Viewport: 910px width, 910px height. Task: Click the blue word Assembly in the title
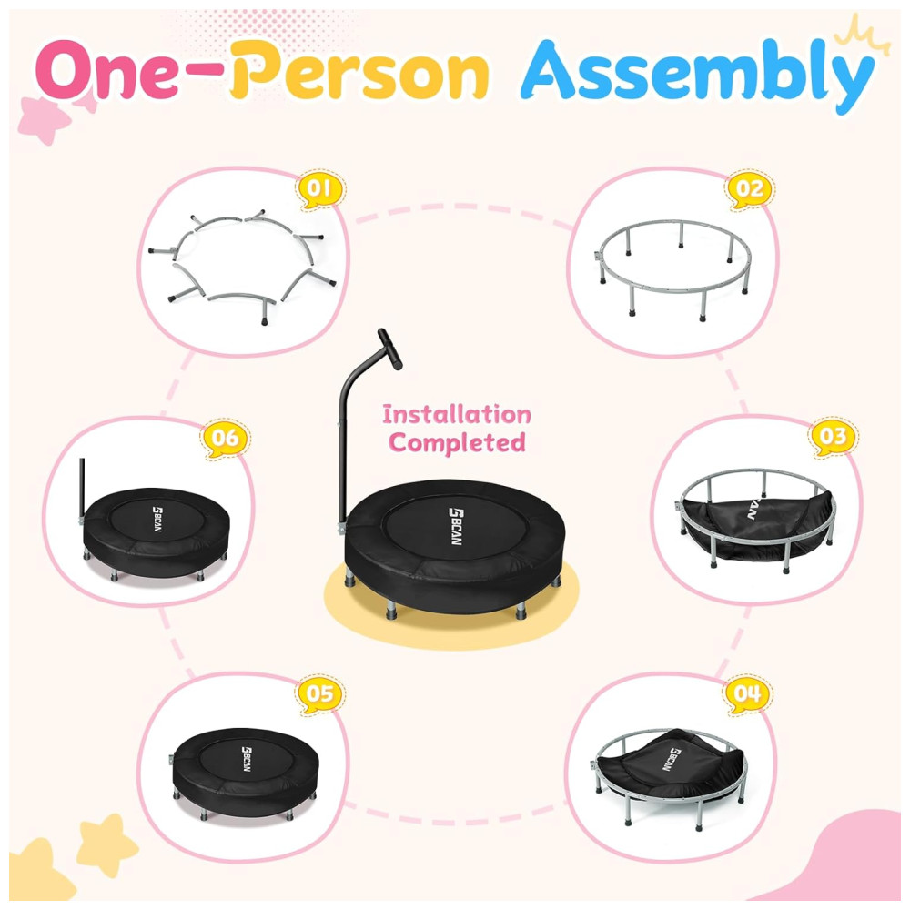point(697,75)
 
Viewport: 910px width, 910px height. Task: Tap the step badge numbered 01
point(319,189)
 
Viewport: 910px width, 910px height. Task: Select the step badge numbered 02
point(749,189)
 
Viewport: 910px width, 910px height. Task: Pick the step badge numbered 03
point(833,437)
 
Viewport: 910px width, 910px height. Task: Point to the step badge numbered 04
point(747,693)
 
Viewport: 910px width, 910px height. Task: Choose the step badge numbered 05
point(319,693)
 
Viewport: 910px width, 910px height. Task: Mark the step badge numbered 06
point(225,438)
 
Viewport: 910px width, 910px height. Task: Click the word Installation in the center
point(457,414)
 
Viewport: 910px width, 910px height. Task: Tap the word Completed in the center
point(458,443)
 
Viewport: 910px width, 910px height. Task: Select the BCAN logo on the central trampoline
point(456,526)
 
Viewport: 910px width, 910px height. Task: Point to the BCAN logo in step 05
point(247,759)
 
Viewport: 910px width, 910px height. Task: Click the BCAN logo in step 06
point(157,519)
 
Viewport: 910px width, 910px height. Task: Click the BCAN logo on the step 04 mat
point(671,759)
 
